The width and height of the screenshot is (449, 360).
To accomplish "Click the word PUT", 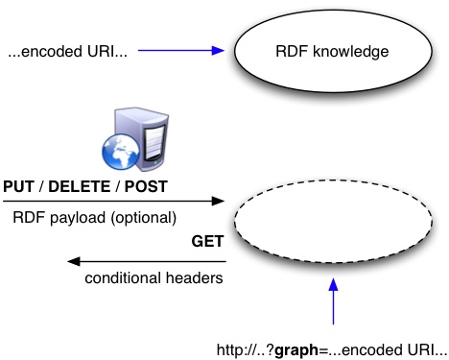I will (19, 186).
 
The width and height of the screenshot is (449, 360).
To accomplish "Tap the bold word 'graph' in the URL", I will (297, 347).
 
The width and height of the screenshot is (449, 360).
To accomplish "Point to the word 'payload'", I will (77, 218).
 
